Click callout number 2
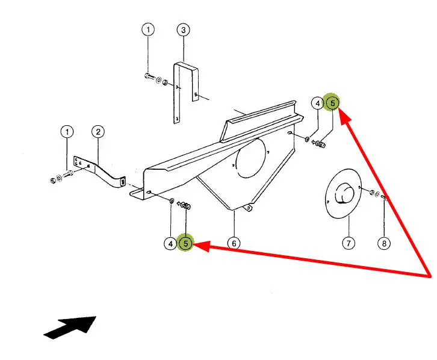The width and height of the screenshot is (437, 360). coord(98,131)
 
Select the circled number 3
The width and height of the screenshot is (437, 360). coord(184,29)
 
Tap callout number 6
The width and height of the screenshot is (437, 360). coord(234,243)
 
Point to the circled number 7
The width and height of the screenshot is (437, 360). coord(349,243)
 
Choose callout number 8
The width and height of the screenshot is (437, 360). coord(383,243)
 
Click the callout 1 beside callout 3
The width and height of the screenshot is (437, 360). coord(148,29)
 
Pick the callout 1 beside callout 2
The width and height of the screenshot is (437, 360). coord(67,131)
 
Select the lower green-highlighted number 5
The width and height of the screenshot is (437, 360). coord(187,243)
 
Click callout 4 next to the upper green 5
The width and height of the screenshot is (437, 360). coord(317,103)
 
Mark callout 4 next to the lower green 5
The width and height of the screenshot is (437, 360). coord(172,243)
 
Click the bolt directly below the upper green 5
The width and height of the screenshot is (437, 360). coord(320,144)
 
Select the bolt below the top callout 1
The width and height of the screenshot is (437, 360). coord(149,76)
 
